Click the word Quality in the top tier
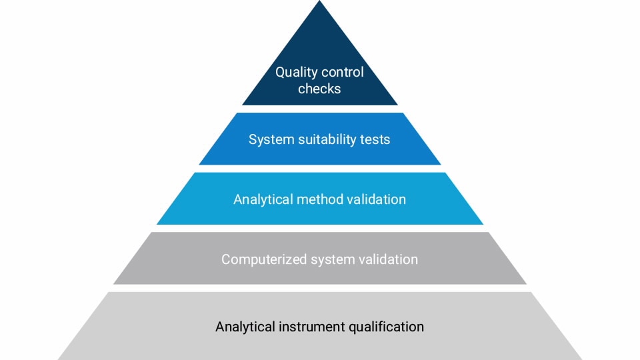[x=297, y=73]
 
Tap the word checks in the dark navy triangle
[x=319, y=89]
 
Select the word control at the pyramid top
[x=343, y=73]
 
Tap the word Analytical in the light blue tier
[x=263, y=199]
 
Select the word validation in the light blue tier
[x=377, y=199]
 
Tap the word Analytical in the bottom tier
[x=245, y=327]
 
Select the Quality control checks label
[x=320, y=81]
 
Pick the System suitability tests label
[x=319, y=140]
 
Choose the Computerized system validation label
[x=320, y=259]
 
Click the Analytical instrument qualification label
[x=320, y=327]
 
